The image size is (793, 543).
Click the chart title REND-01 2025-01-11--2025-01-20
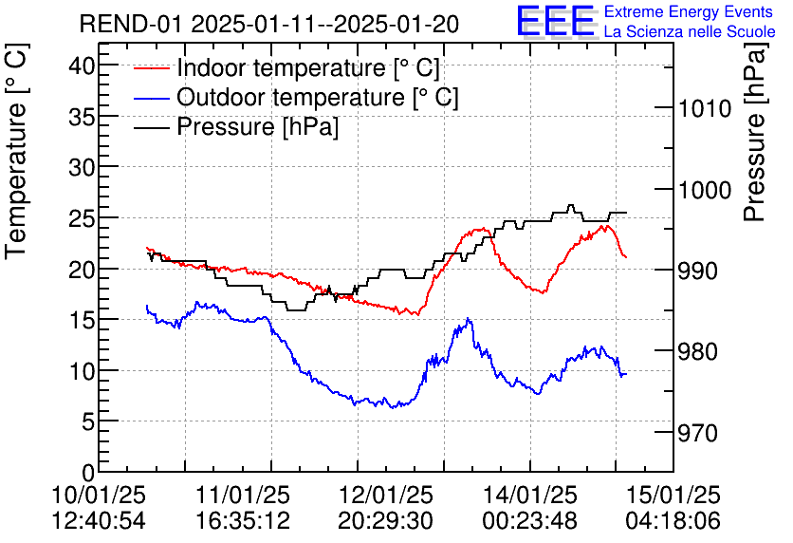click(269, 25)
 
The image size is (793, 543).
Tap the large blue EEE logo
click(555, 21)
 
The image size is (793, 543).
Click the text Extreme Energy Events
click(689, 12)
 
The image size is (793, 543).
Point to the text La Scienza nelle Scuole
click(689, 32)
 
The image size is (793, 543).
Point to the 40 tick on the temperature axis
click(83, 66)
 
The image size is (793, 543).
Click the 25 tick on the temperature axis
click(83, 218)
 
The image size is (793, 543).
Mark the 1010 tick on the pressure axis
click(705, 108)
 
